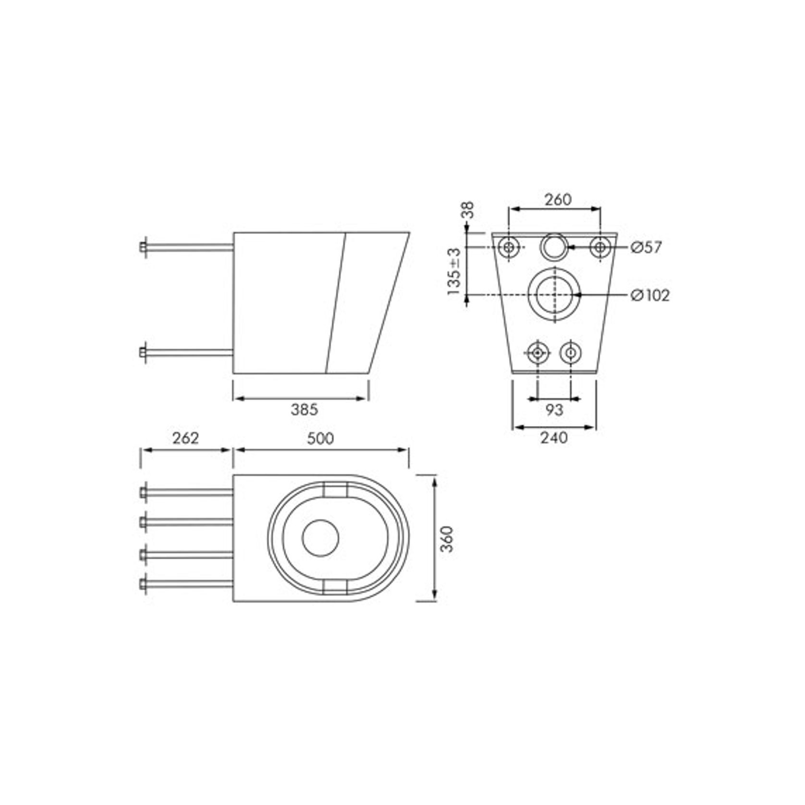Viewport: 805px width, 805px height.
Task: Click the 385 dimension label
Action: (304, 410)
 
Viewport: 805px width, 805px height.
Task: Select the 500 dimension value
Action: (320, 439)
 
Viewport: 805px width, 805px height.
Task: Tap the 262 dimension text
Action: (185, 438)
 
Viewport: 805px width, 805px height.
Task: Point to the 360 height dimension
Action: (447, 539)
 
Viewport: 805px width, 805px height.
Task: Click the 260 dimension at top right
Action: (558, 199)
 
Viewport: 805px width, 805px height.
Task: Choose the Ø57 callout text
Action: (646, 247)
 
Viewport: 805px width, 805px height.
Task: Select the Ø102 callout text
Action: (650, 295)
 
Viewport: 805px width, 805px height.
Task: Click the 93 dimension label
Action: (554, 410)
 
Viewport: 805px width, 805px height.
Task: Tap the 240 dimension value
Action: (554, 438)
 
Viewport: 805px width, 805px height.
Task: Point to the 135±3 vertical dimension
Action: (453, 271)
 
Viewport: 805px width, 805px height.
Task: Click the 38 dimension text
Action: (467, 210)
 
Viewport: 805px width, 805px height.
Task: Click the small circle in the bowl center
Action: (320, 538)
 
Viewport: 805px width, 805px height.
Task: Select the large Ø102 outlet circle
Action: (555, 294)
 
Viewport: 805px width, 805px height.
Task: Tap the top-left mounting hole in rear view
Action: (509, 247)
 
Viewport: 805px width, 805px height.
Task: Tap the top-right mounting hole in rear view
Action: (600, 247)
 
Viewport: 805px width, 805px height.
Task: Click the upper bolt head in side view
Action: (143, 247)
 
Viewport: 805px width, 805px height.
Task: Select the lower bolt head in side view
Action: (143, 352)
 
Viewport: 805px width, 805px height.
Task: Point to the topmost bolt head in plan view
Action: (143, 492)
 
